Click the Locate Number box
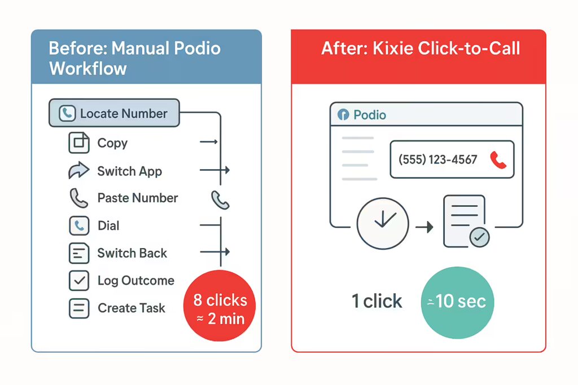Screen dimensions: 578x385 coord(114,113)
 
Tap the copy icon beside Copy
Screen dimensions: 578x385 coord(79,143)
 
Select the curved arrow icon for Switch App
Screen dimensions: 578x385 coord(78,170)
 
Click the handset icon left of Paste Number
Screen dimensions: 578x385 coord(78,198)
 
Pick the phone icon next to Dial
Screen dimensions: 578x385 coord(79,225)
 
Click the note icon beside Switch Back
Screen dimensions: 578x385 coord(79,253)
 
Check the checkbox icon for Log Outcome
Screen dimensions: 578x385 coord(79,281)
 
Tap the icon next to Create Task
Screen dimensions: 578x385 coord(79,308)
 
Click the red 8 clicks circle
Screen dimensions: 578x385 coord(220,306)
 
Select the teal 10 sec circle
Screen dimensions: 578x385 coord(457,303)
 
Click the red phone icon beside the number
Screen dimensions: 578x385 coord(498,160)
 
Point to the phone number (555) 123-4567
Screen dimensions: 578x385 coord(437,160)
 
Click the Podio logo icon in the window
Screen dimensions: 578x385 coord(343,115)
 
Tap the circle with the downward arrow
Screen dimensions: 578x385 coord(383,223)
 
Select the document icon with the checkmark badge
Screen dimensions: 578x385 coord(466,221)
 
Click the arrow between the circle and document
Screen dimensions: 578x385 coord(424,227)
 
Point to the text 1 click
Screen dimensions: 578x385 coord(376,301)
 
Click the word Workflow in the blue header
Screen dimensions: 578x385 coord(88,68)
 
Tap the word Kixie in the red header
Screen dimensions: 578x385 coord(393,48)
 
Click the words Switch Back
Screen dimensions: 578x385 coord(132,253)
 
